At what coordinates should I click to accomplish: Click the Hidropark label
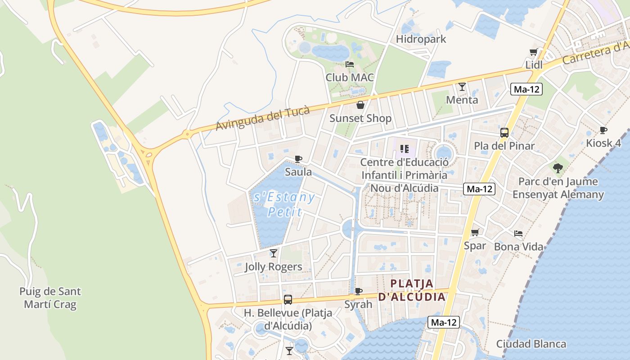point(421,39)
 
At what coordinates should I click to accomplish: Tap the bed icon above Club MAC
point(350,64)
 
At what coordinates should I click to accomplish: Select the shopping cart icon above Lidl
point(534,52)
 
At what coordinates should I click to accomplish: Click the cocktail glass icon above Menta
point(462,86)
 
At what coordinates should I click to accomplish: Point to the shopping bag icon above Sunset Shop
point(360,105)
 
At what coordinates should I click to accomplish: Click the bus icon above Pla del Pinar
point(504,132)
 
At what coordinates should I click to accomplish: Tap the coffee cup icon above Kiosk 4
point(603,130)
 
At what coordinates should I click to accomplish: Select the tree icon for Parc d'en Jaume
point(558,168)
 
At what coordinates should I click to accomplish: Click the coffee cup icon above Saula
point(298,159)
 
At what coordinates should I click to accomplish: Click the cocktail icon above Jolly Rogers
point(273,253)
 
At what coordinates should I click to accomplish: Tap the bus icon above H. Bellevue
point(288,299)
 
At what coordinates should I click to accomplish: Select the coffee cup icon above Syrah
point(359,291)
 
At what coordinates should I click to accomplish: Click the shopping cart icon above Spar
point(475,232)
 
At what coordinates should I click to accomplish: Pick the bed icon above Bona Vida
point(518,234)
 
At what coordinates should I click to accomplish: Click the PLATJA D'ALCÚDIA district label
point(412,290)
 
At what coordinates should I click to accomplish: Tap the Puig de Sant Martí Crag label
point(50,298)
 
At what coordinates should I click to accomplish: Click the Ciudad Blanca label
point(531,344)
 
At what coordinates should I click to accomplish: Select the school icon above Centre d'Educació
point(404,148)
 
